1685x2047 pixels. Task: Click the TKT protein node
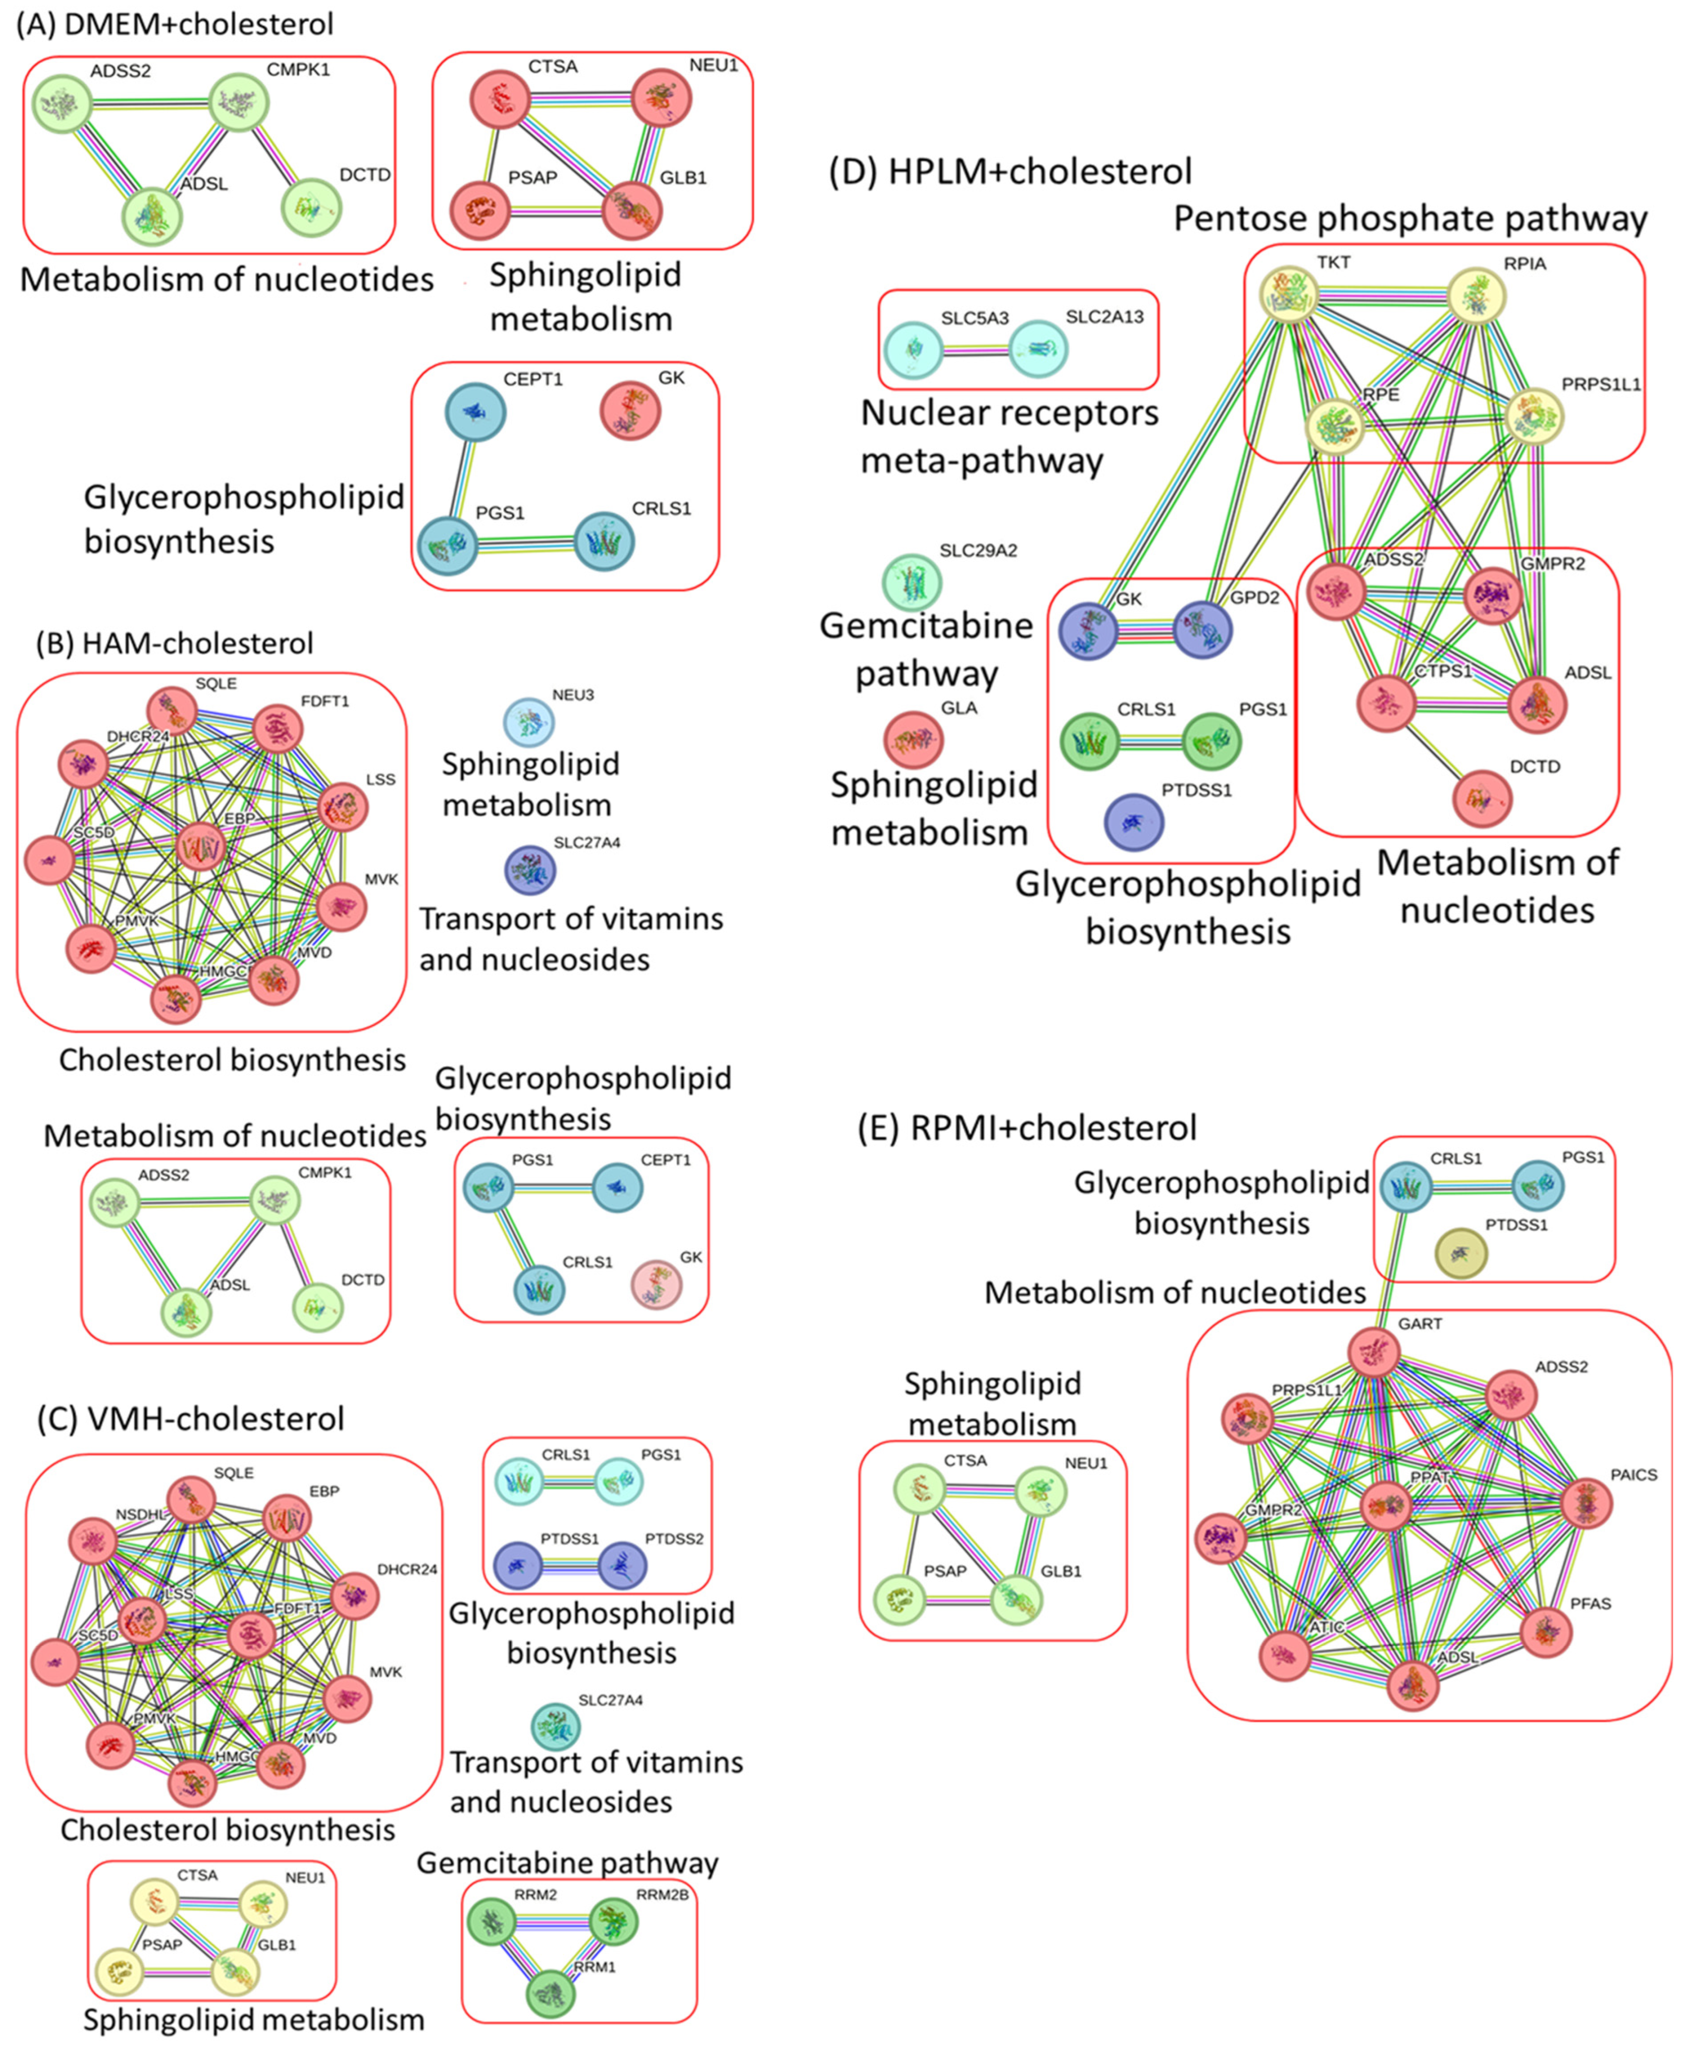point(1288,294)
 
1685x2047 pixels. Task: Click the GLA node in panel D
point(913,740)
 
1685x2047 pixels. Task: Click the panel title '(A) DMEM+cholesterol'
point(175,24)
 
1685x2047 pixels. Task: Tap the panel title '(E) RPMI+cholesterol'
point(1027,1128)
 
